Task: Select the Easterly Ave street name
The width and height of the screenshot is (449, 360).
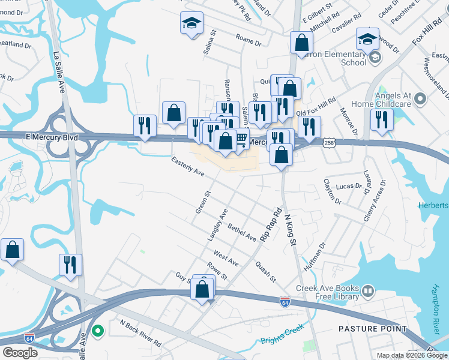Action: pos(188,167)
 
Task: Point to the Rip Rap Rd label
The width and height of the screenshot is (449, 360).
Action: pos(271,226)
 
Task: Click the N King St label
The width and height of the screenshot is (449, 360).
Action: pos(290,230)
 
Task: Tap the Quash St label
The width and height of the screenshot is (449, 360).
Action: pos(265,271)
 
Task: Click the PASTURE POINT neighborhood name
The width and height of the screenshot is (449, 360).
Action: pos(372,329)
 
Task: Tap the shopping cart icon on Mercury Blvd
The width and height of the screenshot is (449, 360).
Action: pos(241,139)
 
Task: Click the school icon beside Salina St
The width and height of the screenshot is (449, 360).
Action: pos(192,24)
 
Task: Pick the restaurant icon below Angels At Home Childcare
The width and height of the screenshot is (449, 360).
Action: pos(381,119)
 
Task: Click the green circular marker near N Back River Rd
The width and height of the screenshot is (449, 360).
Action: pos(98,331)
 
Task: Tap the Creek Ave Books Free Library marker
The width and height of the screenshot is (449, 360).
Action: pos(367,292)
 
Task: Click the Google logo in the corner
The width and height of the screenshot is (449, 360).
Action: pos(20,353)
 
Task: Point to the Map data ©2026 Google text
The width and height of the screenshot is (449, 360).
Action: pos(411,355)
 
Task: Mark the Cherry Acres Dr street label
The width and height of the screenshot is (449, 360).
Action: pos(374,202)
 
